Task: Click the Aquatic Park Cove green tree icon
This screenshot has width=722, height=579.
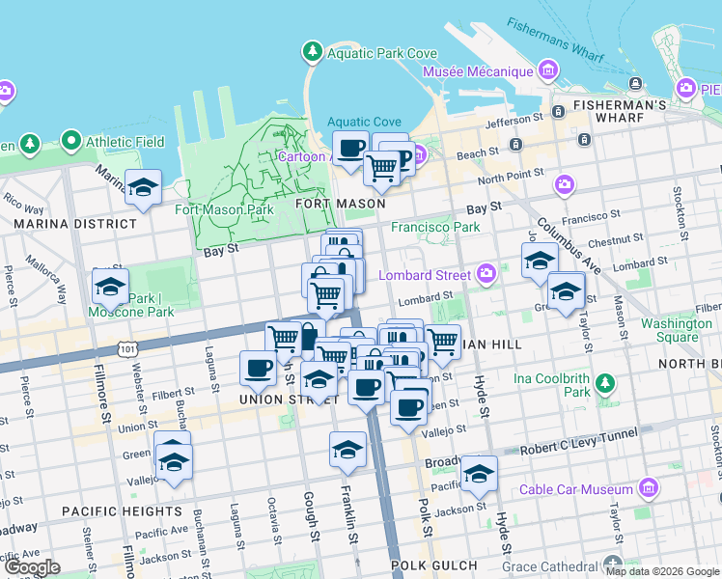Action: coord(312,50)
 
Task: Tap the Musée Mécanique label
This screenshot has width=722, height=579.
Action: coord(477,72)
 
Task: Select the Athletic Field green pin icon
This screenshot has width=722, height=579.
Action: coord(71,142)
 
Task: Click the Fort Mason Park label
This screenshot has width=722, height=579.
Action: coord(224,208)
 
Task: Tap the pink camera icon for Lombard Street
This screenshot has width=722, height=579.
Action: coord(486,275)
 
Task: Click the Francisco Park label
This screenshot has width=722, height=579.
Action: coord(435,228)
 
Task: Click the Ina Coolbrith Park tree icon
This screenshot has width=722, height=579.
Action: coord(605,383)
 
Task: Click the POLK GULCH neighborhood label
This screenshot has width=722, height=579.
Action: coord(433,565)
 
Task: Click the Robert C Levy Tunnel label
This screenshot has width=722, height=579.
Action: coord(578,450)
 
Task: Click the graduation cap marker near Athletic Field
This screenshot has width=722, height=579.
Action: coord(143,187)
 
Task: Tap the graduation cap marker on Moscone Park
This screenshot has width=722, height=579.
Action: coord(110,286)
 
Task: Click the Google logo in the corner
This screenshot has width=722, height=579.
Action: coord(32,567)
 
